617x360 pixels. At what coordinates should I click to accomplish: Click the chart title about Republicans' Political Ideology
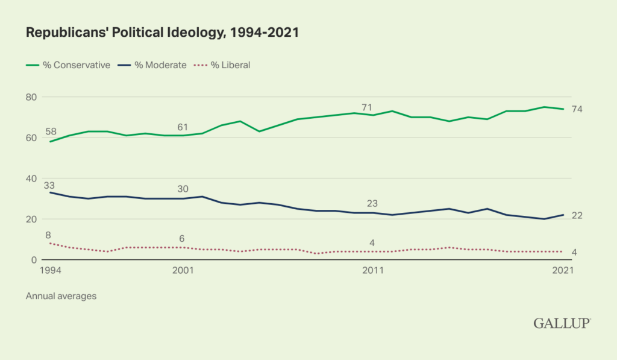[162, 34]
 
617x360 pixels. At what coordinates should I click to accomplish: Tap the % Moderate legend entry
[152, 65]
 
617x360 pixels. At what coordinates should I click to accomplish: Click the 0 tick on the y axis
[34, 260]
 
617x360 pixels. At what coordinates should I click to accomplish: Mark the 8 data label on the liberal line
[48, 235]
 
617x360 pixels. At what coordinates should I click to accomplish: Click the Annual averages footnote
[61, 296]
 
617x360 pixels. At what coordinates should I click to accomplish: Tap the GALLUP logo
[562, 323]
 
